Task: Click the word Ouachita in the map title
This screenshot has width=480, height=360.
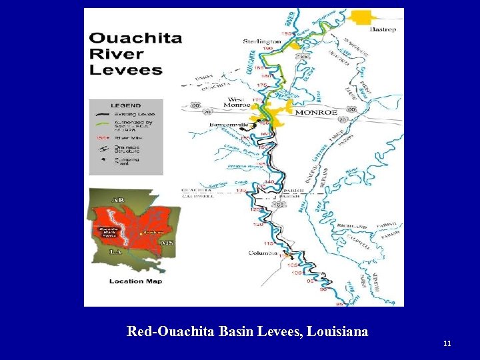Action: (x=135, y=38)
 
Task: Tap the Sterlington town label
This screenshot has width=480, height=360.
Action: (x=262, y=41)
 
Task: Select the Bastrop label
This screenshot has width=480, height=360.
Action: (x=383, y=30)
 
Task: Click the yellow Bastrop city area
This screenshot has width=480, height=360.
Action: (x=363, y=17)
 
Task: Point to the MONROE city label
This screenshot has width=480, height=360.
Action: (x=316, y=113)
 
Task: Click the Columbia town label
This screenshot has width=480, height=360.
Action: (x=262, y=253)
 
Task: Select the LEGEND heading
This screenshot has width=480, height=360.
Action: (x=125, y=105)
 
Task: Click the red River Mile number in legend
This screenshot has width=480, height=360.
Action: (x=98, y=137)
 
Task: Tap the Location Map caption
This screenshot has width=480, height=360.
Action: (x=135, y=281)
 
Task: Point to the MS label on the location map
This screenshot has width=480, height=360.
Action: (x=167, y=243)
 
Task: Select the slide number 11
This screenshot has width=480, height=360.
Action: (x=447, y=343)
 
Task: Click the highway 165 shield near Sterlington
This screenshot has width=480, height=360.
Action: (x=303, y=58)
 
